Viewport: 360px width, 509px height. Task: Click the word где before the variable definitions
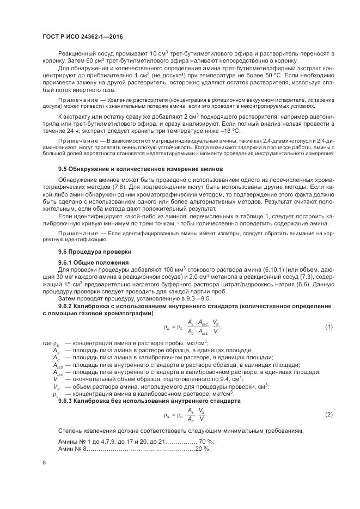pyautogui.click(x=46, y=344)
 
